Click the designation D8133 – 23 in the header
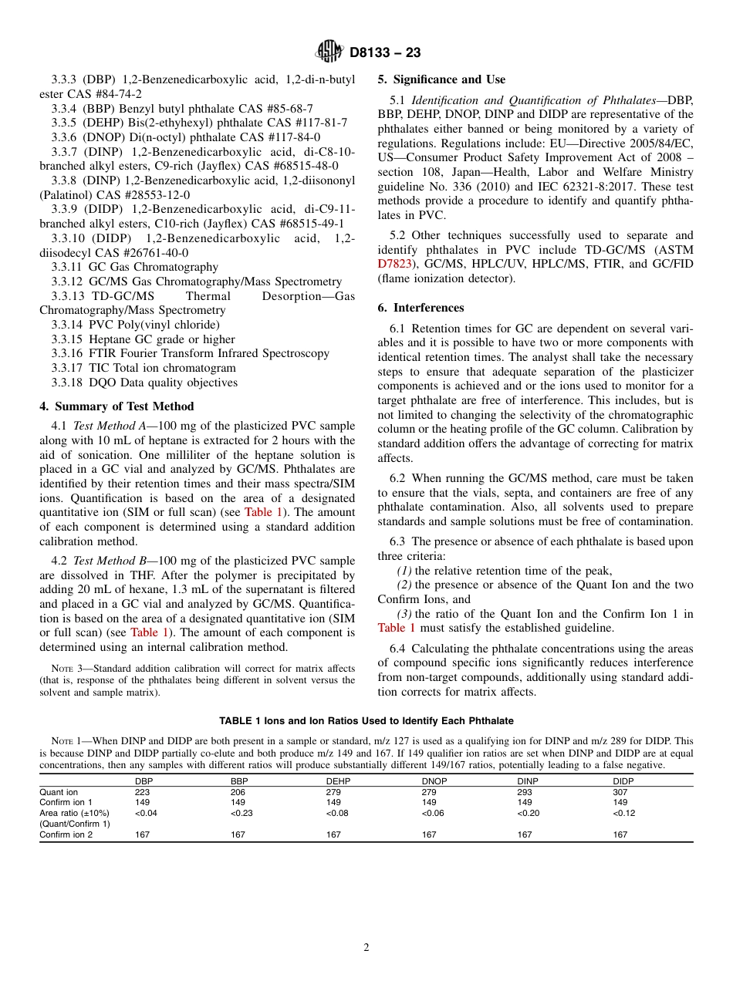(x=385, y=53)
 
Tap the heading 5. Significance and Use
(x=441, y=79)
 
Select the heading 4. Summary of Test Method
(x=117, y=406)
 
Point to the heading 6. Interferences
(x=421, y=308)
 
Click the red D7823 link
(x=394, y=264)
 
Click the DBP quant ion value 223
(x=142, y=792)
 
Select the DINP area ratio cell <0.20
(x=527, y=813)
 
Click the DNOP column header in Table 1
(x=434, y=781)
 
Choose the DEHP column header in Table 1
(x=339, y=781)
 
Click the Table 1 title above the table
(x=366, y=721)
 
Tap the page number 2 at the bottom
(x=366, y=948)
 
